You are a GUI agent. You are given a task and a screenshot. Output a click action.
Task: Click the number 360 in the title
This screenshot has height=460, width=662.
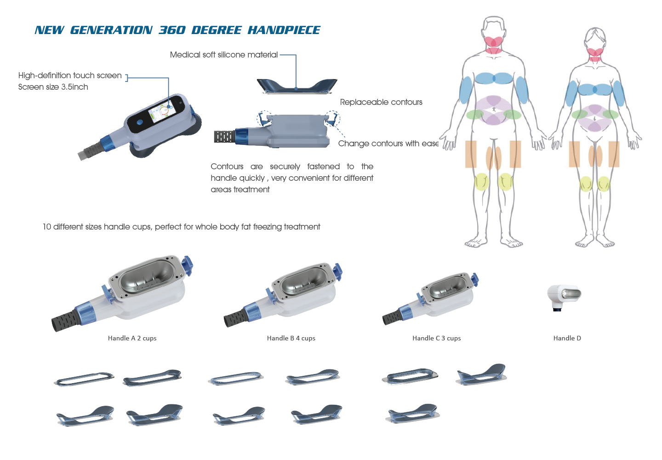tap(172, 30)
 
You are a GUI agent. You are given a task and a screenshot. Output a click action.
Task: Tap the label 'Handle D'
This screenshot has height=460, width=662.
tap(567, 338)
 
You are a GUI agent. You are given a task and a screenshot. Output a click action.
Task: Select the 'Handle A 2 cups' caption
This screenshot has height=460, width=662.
tap(132, 338)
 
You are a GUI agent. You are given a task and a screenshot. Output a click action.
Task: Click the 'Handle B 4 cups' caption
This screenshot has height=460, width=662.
tap(291, 338)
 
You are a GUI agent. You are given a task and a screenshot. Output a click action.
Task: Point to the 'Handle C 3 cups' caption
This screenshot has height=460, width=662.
tap(437, 338)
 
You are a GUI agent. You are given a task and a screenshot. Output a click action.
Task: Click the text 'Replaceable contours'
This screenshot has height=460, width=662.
tap(381, 102)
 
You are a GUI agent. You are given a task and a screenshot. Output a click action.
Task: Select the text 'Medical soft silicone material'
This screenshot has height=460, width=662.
tap(224, 55)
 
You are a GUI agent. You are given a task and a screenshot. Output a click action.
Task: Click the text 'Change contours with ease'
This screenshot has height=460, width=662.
tap(388, 144)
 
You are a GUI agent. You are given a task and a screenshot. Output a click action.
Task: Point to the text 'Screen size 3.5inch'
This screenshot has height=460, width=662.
tap(53, 87)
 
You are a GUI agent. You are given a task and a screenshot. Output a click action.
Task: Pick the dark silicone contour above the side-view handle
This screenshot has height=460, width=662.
tap(297, 86)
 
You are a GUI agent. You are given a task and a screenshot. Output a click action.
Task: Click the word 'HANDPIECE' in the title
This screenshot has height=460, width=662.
tap(284, 30)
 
